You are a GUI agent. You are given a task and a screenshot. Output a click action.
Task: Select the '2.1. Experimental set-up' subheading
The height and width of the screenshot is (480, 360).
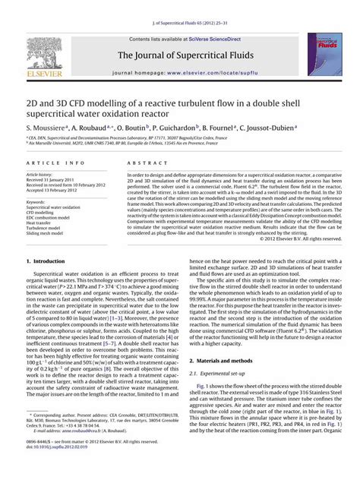point(219,374)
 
